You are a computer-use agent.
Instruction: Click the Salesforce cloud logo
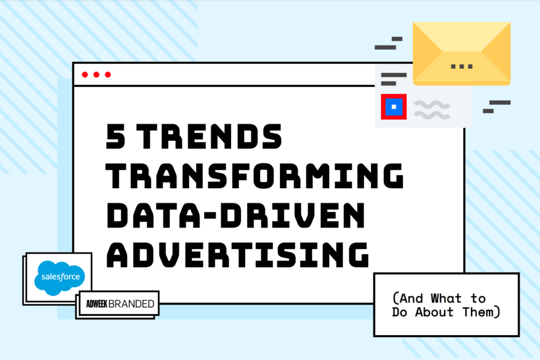tap(60, 278)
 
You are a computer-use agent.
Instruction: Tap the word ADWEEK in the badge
tap(97, 304)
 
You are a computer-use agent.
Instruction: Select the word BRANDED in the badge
tap(131, 304)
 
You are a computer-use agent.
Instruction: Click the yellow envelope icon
tap(461, 54)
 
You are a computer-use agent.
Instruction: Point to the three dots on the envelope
tap(462, 66)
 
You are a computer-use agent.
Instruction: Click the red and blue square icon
tap(393, 106)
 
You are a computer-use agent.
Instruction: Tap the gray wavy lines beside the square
tap(432, 110)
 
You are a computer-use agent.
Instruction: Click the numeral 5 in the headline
tap(115, 137)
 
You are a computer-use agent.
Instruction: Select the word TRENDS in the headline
tap(209, 137)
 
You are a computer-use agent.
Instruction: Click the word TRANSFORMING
tap(255, 176)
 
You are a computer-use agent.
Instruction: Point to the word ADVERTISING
tap(238, 255)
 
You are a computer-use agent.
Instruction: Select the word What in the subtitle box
tap(446, 298)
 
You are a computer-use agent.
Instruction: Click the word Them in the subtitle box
tap(478, 312)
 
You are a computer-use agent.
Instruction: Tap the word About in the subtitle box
tap(435, 312)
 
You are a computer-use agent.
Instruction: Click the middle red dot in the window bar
tap(97, 75)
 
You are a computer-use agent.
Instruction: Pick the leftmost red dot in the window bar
tap(85, 75)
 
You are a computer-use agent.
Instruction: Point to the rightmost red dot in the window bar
tap(108, 75)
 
